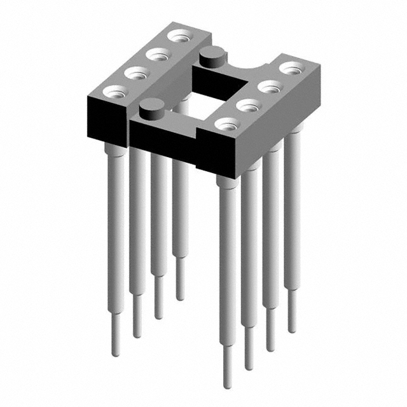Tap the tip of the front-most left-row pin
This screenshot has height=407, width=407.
[116, 354]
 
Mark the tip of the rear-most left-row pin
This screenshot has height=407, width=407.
[180, 298]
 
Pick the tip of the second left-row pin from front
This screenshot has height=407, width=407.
[137, 335]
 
